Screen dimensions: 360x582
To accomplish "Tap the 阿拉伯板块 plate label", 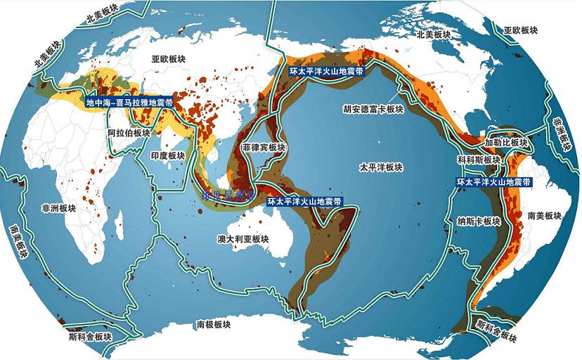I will pyautogui.click(x=129, y=133).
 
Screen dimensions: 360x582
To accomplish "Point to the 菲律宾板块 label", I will pyautogui.click(x=264, y=148).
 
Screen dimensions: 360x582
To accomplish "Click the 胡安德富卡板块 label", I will pyautogui.click(x=373, y=110).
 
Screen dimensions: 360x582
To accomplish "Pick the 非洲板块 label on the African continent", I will pyautogui.click(x=56, y=208).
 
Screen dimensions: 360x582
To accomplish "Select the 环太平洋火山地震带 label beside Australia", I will pyautogui.click(x=305, y=201).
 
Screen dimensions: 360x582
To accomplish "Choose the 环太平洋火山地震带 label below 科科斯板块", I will pyautogui.click(x=493, y=181).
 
